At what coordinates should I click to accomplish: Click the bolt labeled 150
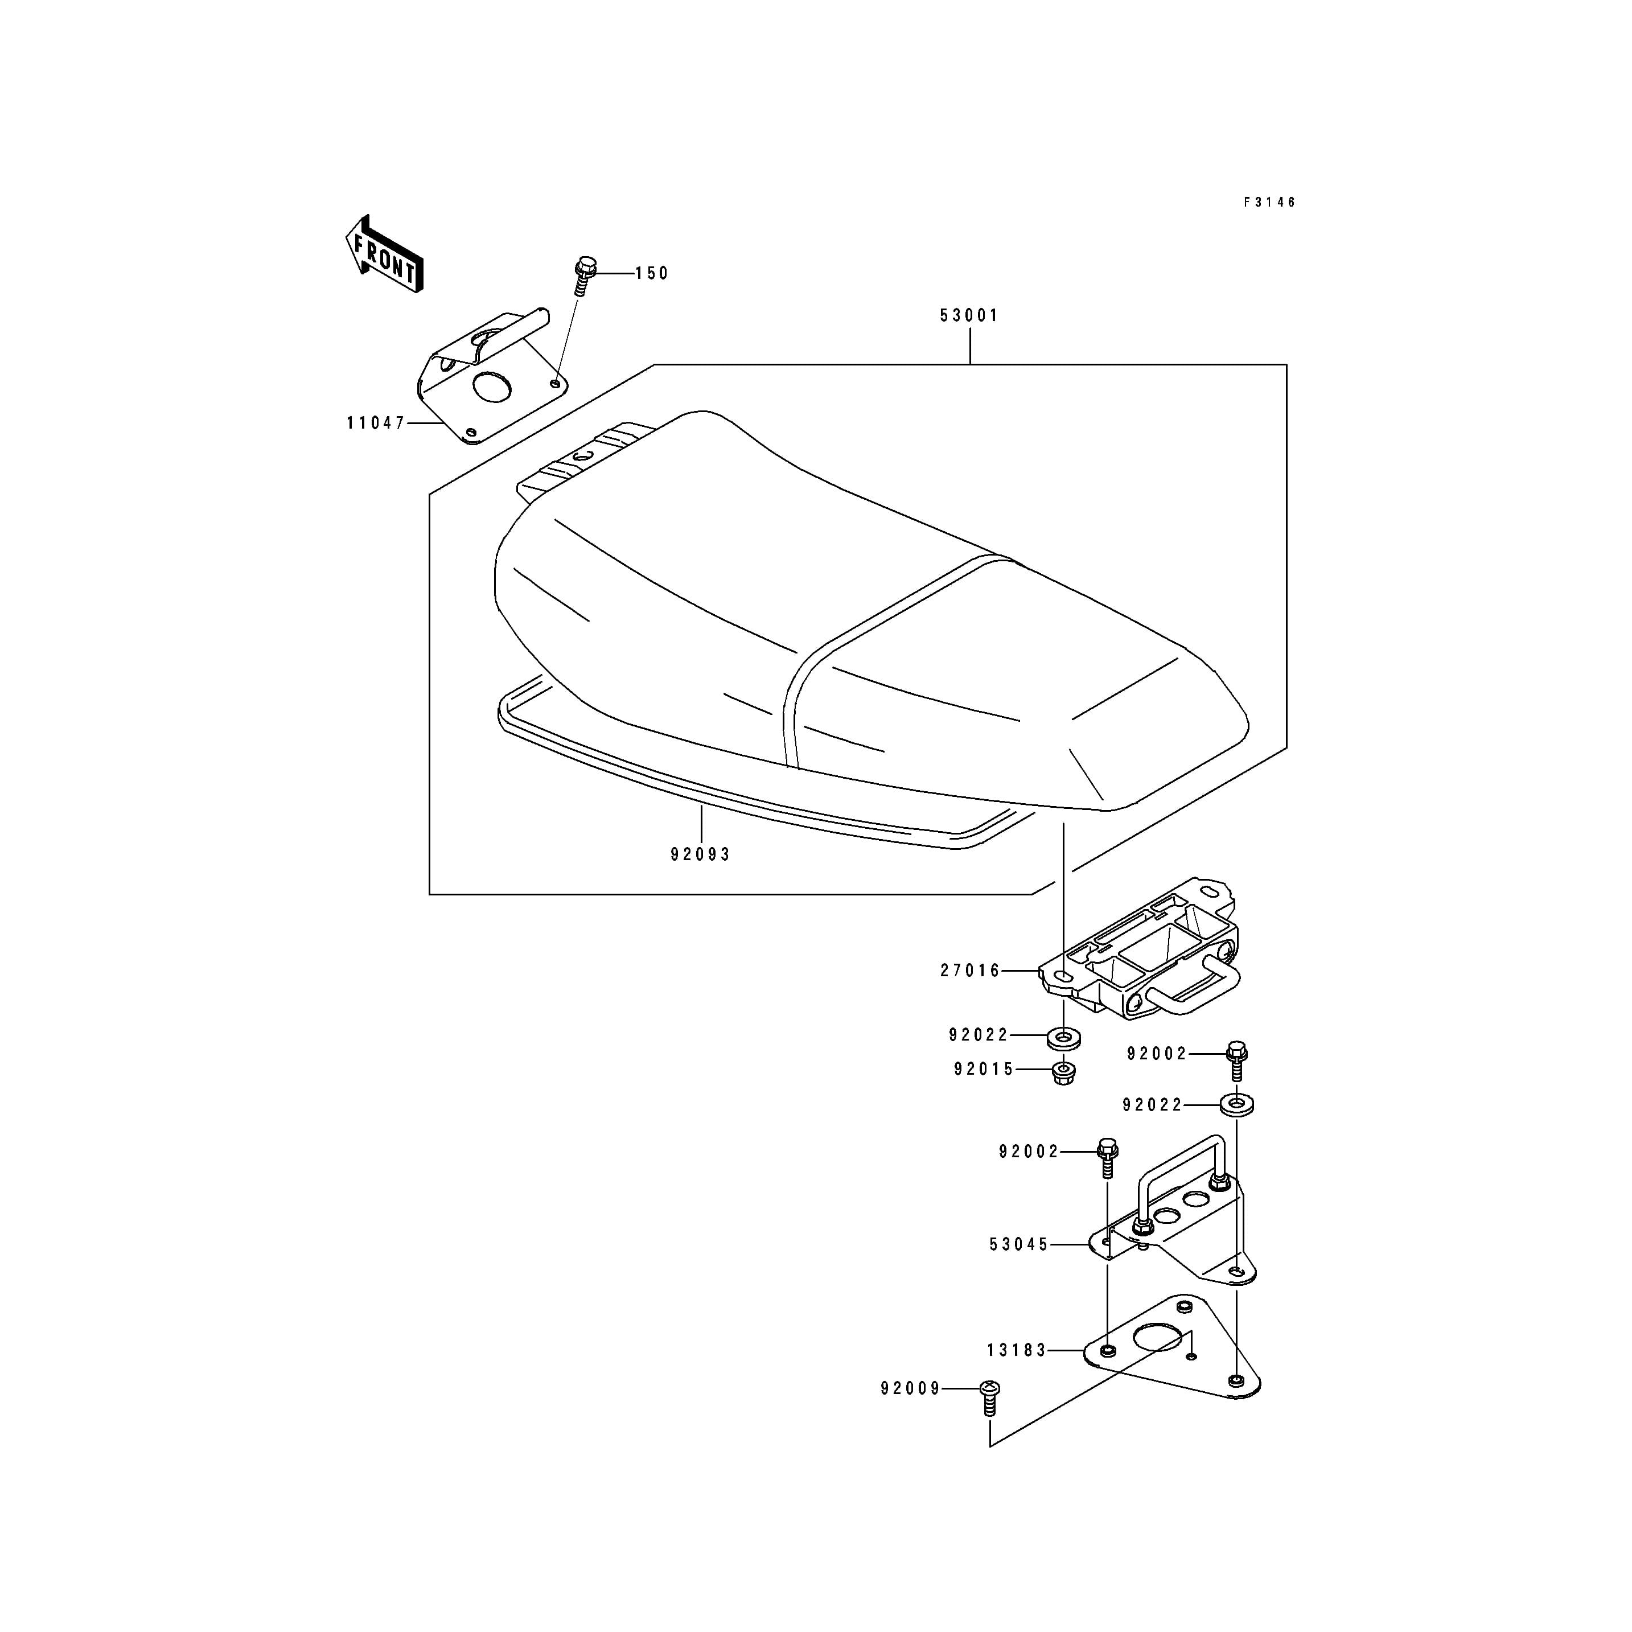point(580,276)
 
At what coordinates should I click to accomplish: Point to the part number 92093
point(700,855)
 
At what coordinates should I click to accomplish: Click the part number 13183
point(1017,1351)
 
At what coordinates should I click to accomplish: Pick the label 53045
point(1020,1244)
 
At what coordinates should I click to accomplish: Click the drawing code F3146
point(1269,203)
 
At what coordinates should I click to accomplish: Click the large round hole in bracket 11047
point(492,387)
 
